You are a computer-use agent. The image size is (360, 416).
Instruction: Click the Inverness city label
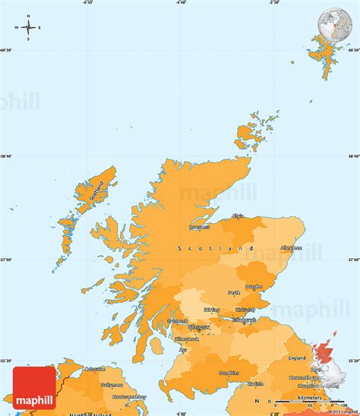200,226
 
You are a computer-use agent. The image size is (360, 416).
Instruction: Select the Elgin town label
238,216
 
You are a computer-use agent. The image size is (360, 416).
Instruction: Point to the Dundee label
254,287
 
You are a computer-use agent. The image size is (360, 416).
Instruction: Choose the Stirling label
212,310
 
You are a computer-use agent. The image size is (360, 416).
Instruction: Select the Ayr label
183,351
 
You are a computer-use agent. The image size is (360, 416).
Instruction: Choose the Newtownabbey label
128,397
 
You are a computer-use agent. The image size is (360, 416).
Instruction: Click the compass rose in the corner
28,28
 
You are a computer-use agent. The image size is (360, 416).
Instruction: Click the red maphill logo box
34,386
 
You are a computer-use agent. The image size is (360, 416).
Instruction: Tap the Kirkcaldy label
245,309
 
